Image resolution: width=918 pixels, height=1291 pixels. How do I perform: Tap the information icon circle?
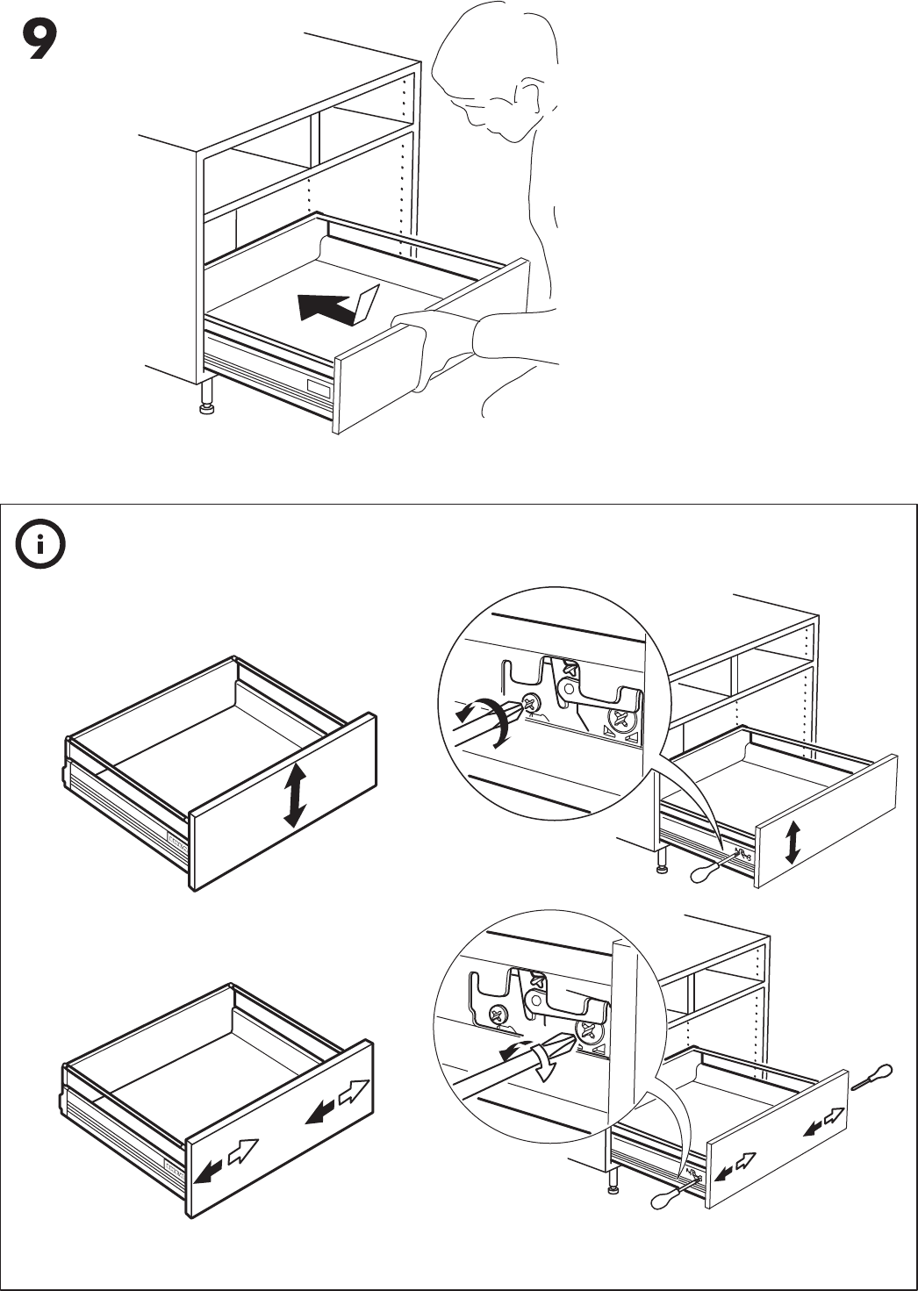(x=40, y=546)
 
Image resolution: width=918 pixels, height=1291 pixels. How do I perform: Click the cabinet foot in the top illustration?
(x=207, y=405)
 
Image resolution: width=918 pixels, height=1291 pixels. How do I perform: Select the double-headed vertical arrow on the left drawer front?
(x=295, y=795)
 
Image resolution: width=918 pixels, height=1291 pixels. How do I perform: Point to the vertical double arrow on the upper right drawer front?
(x=792, y=843)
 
